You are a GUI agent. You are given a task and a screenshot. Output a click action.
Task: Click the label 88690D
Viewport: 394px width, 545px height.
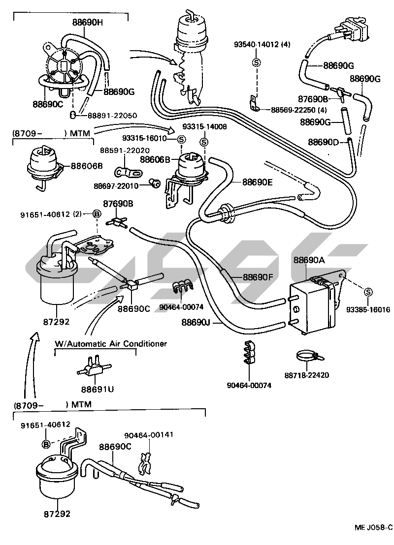[x=324, y=142]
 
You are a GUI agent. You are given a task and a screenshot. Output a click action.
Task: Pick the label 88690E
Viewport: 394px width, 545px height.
[x=257, y=182]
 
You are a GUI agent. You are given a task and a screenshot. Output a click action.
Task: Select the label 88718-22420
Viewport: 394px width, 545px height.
[x=306, y=375]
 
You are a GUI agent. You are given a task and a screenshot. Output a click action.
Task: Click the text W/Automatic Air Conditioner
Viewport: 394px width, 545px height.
[x=111, y=343]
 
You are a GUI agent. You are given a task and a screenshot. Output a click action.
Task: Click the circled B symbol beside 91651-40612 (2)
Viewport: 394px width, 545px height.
[x=97, y=214]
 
